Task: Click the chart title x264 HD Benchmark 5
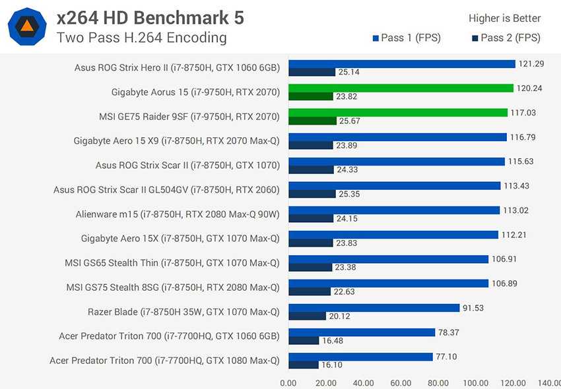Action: (x=150, y=17)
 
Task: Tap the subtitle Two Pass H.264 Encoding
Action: (x=141, y=38)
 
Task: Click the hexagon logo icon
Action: (x=26, y=26)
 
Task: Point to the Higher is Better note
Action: (x=504, y=18)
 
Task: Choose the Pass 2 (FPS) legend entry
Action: (x=506, y=38)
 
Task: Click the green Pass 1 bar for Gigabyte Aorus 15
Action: (x=401, y=88)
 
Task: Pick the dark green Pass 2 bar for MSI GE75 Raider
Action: (x=311, y=121)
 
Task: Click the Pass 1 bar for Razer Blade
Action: (x=374, y=308)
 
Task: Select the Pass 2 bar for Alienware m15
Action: (x=310, y=218)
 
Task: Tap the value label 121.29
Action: (x=532, y=63)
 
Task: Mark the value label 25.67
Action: (x=350, y=121)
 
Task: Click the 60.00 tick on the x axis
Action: (x=401, y=382)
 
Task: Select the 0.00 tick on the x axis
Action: (x=288, y=382)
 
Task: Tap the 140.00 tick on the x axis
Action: (x=549, y=382)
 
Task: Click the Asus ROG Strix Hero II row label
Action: (x=178, y=67)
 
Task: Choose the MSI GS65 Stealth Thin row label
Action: (x=172, y=262)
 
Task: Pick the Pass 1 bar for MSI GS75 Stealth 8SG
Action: (x=388, y=284)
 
